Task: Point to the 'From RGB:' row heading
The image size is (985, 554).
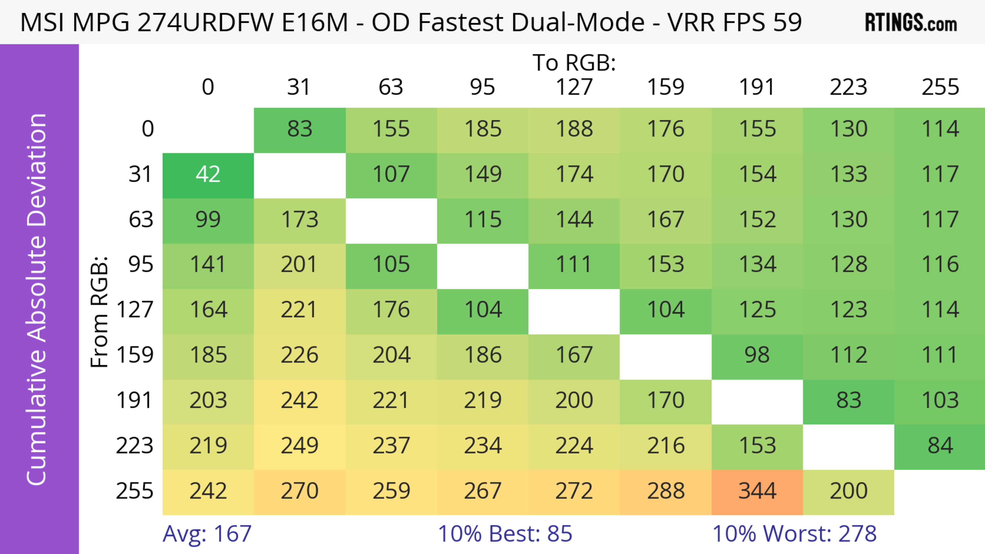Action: [100, 311]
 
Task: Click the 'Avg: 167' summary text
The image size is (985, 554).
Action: [207, 533]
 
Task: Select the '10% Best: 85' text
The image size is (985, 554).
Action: [505, 533]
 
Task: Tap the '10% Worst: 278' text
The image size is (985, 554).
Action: [794, 533]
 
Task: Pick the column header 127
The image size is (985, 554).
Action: [574, 87]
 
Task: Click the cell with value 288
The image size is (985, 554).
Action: [665, 491]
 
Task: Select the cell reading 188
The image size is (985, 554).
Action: [574, 129]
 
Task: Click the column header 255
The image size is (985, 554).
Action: [940, 87]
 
